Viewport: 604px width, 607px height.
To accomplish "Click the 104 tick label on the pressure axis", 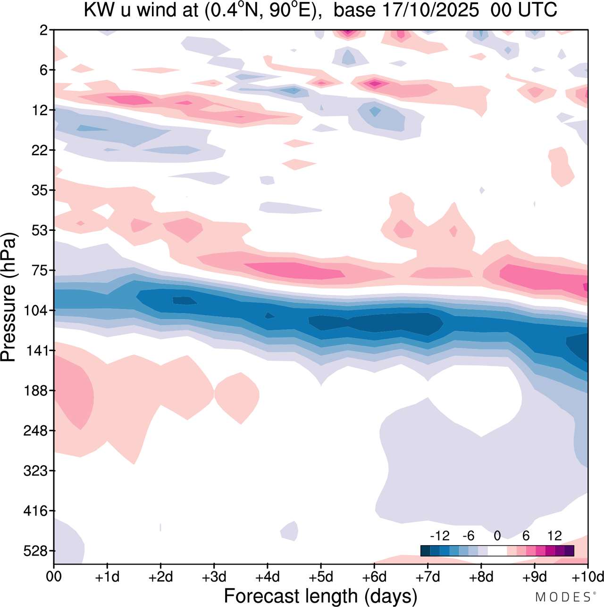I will click(35, 311).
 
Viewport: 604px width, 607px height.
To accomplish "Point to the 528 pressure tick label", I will click(35, 551).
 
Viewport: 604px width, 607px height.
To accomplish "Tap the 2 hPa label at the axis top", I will click(43, 30).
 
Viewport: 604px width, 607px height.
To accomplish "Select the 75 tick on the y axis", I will click(38, 270).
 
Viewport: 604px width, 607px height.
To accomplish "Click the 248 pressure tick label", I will click(35, 430).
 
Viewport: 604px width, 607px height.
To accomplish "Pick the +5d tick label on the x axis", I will click(321, 577).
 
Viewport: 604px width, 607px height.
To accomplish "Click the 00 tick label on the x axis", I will click(54, 577).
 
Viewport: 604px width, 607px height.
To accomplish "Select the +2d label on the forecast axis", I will click(161, 577).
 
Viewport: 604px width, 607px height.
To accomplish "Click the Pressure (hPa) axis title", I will click(8, 297).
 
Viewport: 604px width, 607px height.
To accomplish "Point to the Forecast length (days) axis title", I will click(320, 596).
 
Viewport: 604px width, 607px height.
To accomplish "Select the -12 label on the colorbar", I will click(439, 536).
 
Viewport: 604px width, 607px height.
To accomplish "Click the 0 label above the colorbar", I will click(497, 536).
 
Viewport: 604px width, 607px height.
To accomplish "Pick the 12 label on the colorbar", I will click(554, 536).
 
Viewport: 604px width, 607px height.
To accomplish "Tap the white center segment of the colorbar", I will click(497, 551).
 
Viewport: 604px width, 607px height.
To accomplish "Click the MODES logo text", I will click(562, 597).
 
